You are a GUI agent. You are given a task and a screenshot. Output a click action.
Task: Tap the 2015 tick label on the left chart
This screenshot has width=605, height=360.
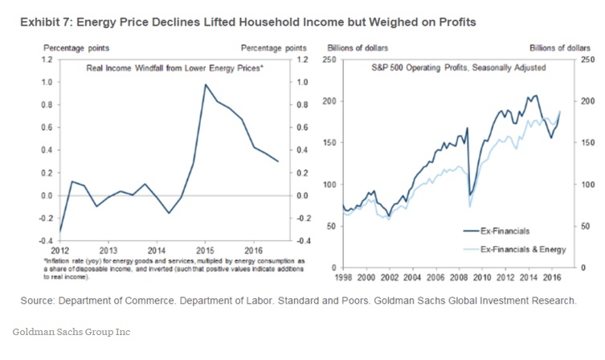tap(204, 249)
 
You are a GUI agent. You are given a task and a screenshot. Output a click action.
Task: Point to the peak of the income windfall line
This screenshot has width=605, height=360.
tap(205, 84)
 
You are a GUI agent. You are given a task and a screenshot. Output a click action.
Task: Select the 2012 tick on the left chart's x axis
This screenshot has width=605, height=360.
tap(60, 249)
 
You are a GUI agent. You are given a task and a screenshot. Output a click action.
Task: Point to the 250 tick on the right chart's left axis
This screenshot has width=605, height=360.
tap(329, 59)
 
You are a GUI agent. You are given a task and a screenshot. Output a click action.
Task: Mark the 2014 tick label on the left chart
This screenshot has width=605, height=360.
tap(157, 249)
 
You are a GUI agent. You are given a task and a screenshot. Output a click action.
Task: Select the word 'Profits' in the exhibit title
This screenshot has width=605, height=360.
tap(456, 22)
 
